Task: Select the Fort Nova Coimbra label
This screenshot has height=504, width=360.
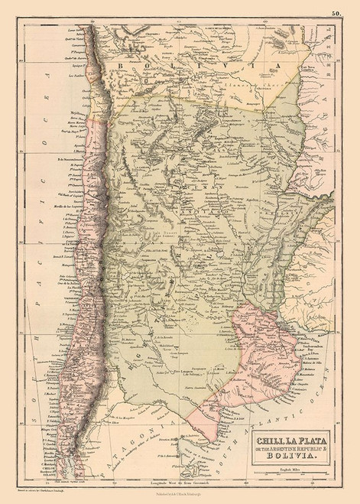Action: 314,67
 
